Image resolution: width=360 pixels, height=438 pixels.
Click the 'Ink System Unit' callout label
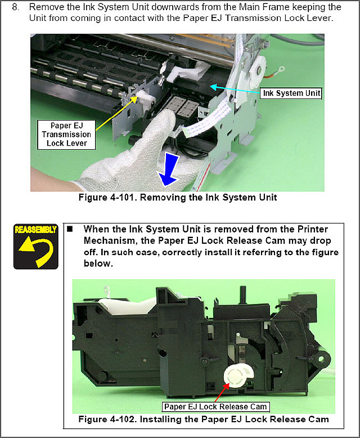click(291, 93)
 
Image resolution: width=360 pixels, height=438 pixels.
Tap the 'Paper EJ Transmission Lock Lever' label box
click(66, 135)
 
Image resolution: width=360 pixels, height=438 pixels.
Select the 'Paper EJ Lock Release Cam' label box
click(216, 406)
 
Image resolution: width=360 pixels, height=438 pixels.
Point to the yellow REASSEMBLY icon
click(36, 247)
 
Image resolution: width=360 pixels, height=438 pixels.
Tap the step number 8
click(15, 7)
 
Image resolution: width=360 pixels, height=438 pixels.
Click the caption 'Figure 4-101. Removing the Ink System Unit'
click(178, 198)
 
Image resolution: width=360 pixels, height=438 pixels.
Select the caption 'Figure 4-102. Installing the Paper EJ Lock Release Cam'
click(204, 419)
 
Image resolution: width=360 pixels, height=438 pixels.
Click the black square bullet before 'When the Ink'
click(70, 229)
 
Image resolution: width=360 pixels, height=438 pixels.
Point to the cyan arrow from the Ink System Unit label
click(235, 90)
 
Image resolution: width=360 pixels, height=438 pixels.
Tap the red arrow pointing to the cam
click(222, 392)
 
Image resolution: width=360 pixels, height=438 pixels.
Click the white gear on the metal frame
click(257, 69)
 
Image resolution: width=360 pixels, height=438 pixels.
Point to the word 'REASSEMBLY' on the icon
click(36, 230)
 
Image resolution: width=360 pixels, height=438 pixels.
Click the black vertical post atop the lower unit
click(242, 294)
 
